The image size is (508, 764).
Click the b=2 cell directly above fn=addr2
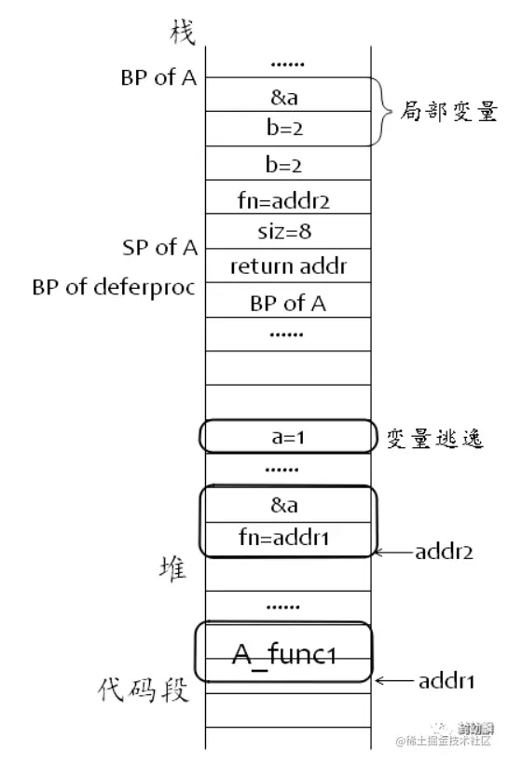tap(283, 166)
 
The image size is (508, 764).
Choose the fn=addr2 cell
tap(283, 198)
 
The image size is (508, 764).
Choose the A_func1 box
tap(283, 653)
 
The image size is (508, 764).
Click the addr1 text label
tap(446, 681)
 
